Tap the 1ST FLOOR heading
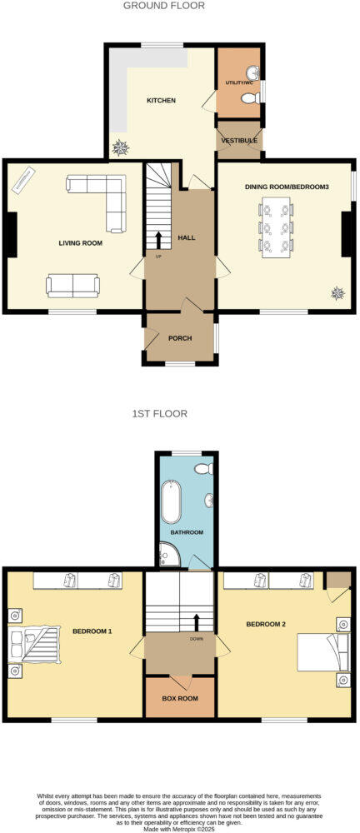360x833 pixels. [x=159, y=413]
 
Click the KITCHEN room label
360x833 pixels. [x=161, y=101]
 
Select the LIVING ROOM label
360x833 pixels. [x=80, y=243]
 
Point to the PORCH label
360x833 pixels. [x=180, y=338]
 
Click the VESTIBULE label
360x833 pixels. [x=239, y=142]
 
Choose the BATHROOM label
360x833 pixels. [x=187, y=531]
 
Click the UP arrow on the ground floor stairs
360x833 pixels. [x=158, y=240]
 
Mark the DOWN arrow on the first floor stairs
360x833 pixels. [x=197, y=622]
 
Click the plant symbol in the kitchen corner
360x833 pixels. [x=122, y=147]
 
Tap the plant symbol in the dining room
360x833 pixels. [x=338, y=292]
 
